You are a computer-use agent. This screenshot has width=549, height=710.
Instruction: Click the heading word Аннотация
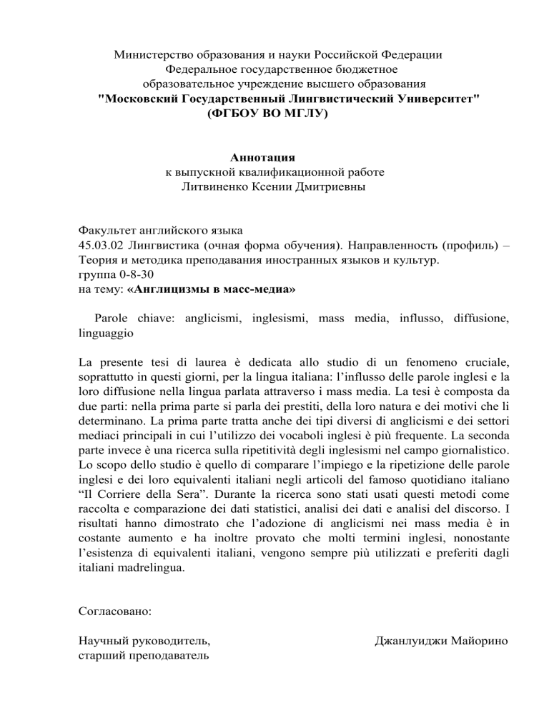pos(262,157)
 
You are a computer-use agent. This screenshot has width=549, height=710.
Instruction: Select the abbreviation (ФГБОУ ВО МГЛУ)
pos(267,113)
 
